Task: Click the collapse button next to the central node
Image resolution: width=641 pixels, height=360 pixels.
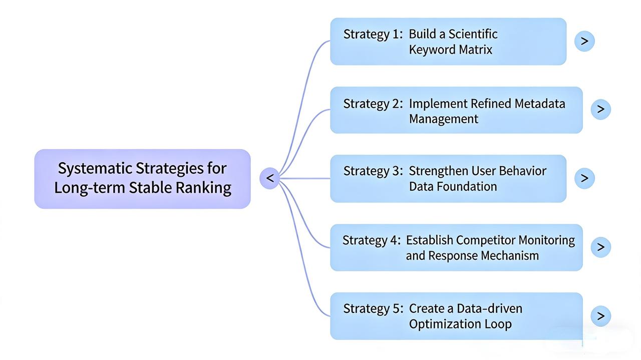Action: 270,178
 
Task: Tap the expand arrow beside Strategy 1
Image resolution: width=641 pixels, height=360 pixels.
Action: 584,41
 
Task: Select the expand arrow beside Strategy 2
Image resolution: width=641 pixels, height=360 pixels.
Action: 601,109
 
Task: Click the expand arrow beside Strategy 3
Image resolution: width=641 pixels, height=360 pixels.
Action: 584,178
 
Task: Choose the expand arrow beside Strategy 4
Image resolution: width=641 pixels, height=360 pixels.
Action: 601,247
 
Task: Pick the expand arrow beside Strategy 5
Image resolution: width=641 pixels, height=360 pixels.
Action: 601,316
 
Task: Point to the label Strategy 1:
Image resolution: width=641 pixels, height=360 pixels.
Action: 373,34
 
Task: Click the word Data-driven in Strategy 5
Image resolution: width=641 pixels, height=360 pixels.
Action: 490,308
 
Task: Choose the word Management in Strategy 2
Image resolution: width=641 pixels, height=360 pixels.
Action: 444,119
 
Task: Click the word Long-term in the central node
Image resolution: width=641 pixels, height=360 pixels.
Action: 90,188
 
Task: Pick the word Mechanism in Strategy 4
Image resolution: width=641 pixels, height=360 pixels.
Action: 509,255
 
